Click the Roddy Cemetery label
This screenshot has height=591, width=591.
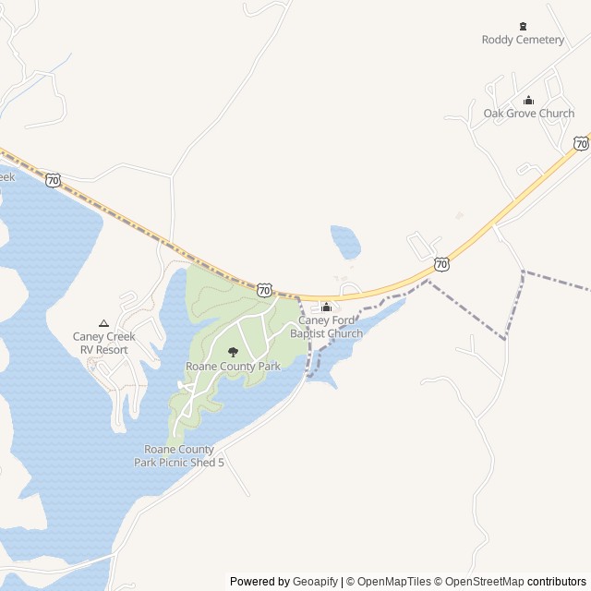523,40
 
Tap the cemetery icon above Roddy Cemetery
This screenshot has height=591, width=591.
524,26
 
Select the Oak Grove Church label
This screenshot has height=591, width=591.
529,114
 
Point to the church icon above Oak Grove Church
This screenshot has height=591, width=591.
529,101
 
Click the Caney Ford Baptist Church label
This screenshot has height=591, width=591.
326,326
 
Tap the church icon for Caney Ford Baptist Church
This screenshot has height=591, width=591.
326,308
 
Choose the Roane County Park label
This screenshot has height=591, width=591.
233,367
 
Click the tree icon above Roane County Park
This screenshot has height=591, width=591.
233,352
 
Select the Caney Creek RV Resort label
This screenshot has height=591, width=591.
103,343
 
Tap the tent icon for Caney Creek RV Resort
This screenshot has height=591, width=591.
103,323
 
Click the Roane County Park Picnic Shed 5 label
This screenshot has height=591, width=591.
179,455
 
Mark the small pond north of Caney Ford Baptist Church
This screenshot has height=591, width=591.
345,242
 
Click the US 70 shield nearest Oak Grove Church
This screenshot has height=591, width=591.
580,143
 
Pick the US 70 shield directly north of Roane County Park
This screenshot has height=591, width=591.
265,290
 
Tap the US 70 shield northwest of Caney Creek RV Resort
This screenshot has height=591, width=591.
54,180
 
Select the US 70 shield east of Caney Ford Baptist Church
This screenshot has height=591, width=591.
442,264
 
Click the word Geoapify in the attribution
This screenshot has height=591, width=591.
316,582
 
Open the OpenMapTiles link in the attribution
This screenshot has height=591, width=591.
394,582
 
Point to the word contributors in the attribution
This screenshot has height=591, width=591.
557,582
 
